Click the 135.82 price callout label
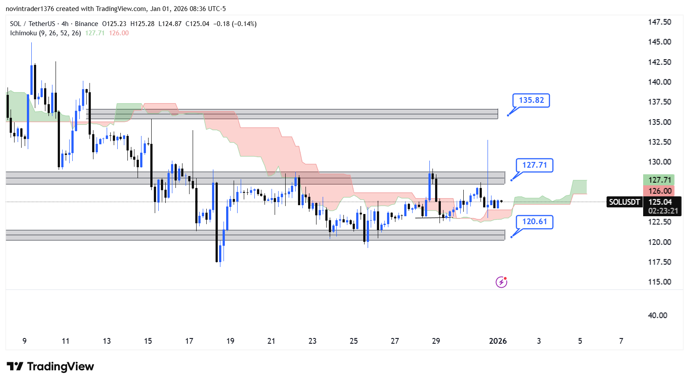coord(531,100)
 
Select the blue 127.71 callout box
coord(534,165)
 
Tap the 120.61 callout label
coord(534,222)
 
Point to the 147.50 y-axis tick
coord(659,22)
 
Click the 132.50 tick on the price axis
coord(659,142)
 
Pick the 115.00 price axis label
coord(659,282)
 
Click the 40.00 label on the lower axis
coord(657,315)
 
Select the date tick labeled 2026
coord(498,341)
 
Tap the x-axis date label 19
coord(230,341)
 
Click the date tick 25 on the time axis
coord(354,341)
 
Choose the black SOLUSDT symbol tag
coord(624,202)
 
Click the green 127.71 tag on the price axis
coord(659,180)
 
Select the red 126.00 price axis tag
coord(659,191)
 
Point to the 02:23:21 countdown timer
coord(663,211)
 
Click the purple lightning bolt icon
coord(501,282)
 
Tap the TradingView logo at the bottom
coord(51,367)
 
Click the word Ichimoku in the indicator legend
coord(23,33)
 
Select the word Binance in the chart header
coord(86,24)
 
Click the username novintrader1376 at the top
coord(30,9)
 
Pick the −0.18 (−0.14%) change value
coord(235,24)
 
